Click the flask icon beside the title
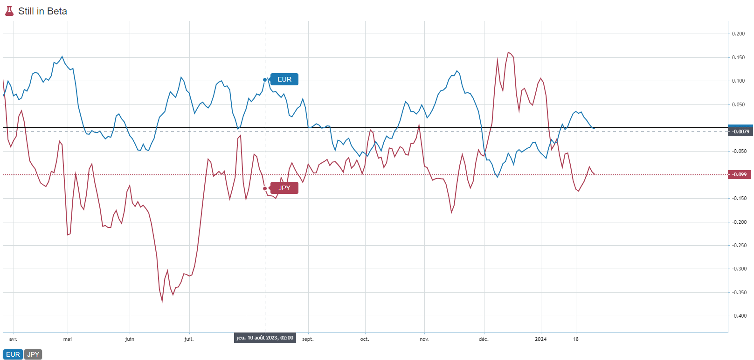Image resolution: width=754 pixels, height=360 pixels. pyautogui.click(x=9, y=11)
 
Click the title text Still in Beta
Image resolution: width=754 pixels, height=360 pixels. pyautogui.click(x=42, y=11)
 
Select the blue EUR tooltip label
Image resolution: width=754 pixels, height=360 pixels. pyautogui.click(x=284, y=79)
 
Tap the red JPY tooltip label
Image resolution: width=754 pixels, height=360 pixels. pyautogui.click(x=284, y=188)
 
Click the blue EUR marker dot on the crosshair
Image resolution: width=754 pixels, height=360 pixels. pyautogui.click(x=265, y=80)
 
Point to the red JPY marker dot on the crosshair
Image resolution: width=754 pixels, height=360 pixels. pyautogui.click(x=265, y=188)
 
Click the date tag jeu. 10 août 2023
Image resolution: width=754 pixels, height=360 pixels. pyautogui.click(x=265, y=338)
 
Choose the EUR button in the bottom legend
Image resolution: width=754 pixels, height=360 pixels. pyautogui.click(x=13, y=354)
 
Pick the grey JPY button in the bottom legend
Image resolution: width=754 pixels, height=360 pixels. pyautogui.click(x=33, y=354)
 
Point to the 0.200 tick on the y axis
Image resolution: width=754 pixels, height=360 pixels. pyautogui.click(x=738, y=34)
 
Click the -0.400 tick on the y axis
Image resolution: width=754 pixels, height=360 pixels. pyautogui.click(x=738, y=316)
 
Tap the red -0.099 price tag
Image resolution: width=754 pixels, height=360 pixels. pyautogui.click(x=740, y=174)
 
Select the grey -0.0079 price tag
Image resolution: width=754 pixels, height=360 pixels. pyautogui.click(x=740, y=132)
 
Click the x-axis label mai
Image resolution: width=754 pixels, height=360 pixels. pyautogui.click(x=68, y=339)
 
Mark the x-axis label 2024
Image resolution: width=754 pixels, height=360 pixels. pyautogui.click(x=541, y=339)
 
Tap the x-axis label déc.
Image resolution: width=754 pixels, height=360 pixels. pyautogui.click(x=484, y=339)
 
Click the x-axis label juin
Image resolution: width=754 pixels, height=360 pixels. pyautogui.click(x=130, y=339)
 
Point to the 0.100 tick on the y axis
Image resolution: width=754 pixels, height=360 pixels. pyautogui.click(x=738, y=81)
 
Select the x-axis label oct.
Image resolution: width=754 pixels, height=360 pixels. pyautogui.click(x=365, y=339)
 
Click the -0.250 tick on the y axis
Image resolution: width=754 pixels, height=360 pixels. pyautogui.click(x=738, y=245)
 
